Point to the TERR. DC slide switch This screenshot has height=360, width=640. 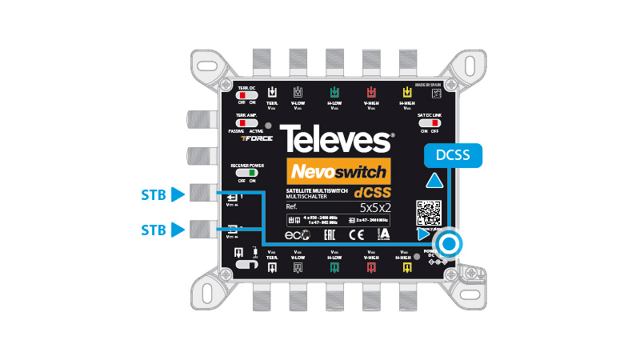[x=246, y=95]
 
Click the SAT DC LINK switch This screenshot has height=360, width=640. [x=429, y=123]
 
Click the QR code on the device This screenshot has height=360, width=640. [x=429, y=214]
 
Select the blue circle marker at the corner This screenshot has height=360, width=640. [x=449, y=244]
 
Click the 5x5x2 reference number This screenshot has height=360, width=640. [x=375, y=207]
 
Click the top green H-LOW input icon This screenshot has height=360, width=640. [x=333, y=91]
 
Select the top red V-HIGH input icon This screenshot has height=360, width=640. [x=370, y=91]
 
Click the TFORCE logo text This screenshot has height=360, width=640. [x=258, y=138]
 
